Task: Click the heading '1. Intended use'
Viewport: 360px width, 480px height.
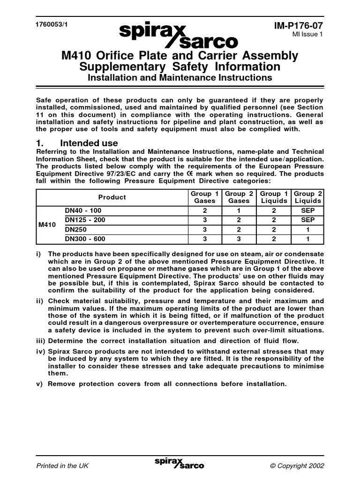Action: point(77,143)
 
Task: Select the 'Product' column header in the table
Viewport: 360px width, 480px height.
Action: point(112,197)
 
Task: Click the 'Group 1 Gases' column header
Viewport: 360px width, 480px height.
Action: point(204,197)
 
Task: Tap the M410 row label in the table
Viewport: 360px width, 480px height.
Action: point(47,225)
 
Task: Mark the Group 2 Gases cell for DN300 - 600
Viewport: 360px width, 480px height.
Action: point(239,239)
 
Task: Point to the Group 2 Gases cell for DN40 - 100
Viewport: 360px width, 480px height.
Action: point(239,211)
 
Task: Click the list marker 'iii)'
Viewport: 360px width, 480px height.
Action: point(42,341)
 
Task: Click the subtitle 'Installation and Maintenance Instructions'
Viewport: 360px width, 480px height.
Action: point(180,77)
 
